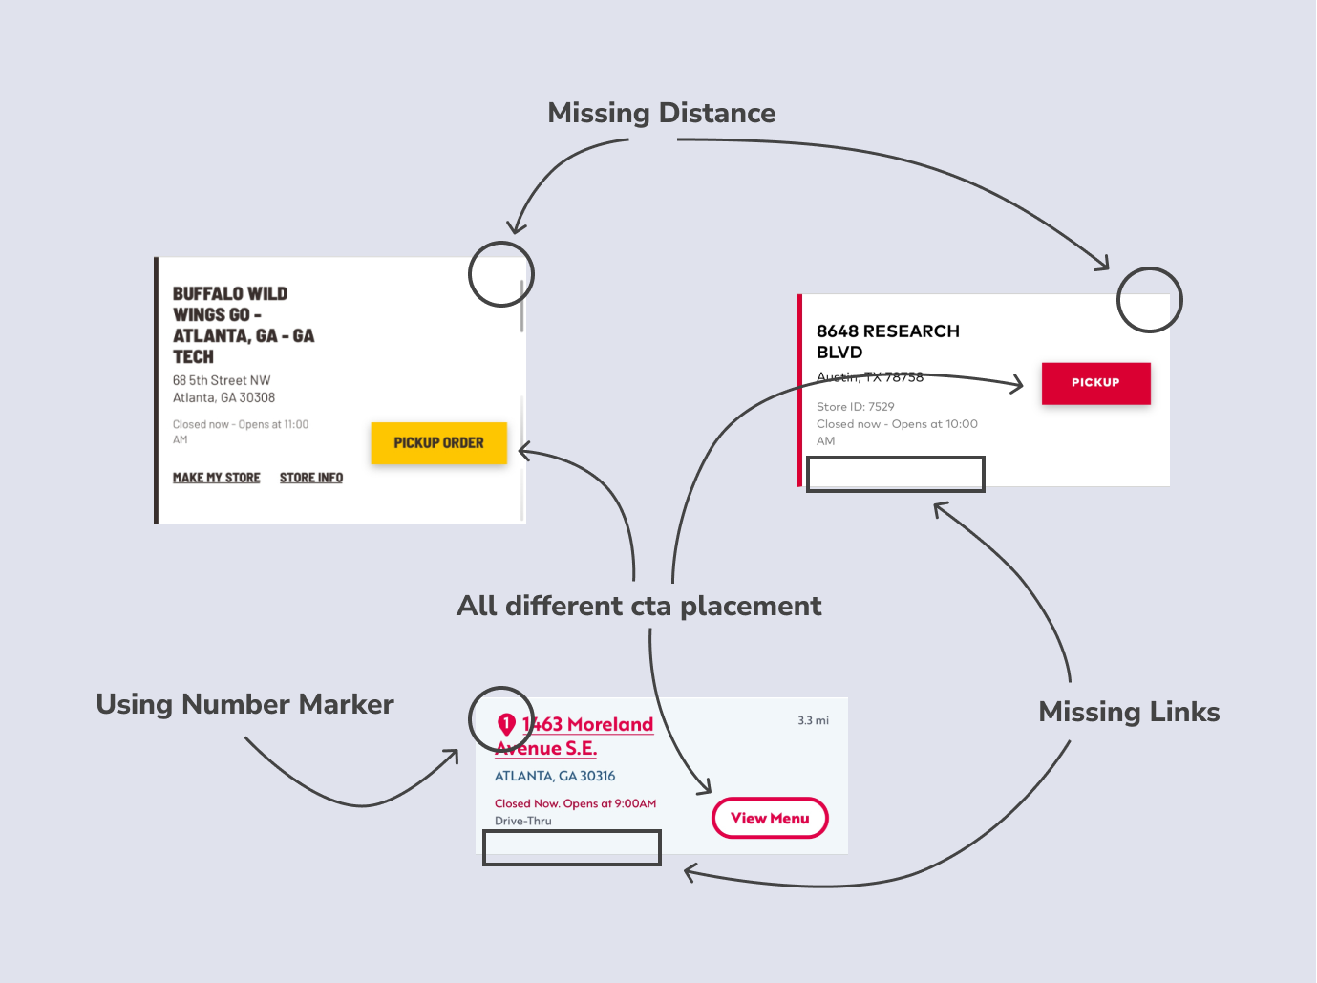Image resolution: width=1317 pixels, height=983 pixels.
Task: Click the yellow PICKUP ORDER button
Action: click(438, 443)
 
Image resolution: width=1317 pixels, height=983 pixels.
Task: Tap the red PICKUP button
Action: click(1095, 383)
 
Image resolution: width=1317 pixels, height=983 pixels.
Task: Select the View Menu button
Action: click(770, 819)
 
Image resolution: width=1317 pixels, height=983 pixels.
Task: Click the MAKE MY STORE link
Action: click(216, 478)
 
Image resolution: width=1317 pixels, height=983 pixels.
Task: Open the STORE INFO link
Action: click(311, 478)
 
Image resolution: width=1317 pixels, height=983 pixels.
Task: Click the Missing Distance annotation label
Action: click(661, 113)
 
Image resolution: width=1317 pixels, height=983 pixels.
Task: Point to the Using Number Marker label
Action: click(244, 704)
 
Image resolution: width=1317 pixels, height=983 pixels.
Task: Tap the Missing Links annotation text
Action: click(1129, 712)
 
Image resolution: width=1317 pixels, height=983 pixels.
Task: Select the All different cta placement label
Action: click(639, 606)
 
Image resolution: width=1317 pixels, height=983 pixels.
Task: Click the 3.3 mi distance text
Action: click(813, 720)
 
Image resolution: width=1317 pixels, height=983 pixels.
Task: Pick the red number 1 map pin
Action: click(506, 724)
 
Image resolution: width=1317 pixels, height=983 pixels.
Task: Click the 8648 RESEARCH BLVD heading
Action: click(887, 341)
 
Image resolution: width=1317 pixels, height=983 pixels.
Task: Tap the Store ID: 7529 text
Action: click(855, 407)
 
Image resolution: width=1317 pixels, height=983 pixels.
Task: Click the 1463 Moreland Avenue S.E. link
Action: click(574, 736)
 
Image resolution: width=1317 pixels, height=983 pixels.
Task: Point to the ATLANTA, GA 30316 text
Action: click(555, 776)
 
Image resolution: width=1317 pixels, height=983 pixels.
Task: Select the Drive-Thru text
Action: click(522, 821)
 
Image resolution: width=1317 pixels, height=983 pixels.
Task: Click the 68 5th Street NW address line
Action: click(222, 380)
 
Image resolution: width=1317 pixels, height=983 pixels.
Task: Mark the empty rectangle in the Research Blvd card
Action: click(895, 474)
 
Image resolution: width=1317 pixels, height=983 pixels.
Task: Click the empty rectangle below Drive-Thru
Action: click(571, 847)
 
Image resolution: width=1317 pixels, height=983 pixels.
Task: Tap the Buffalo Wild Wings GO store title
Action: click(243, 325)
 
